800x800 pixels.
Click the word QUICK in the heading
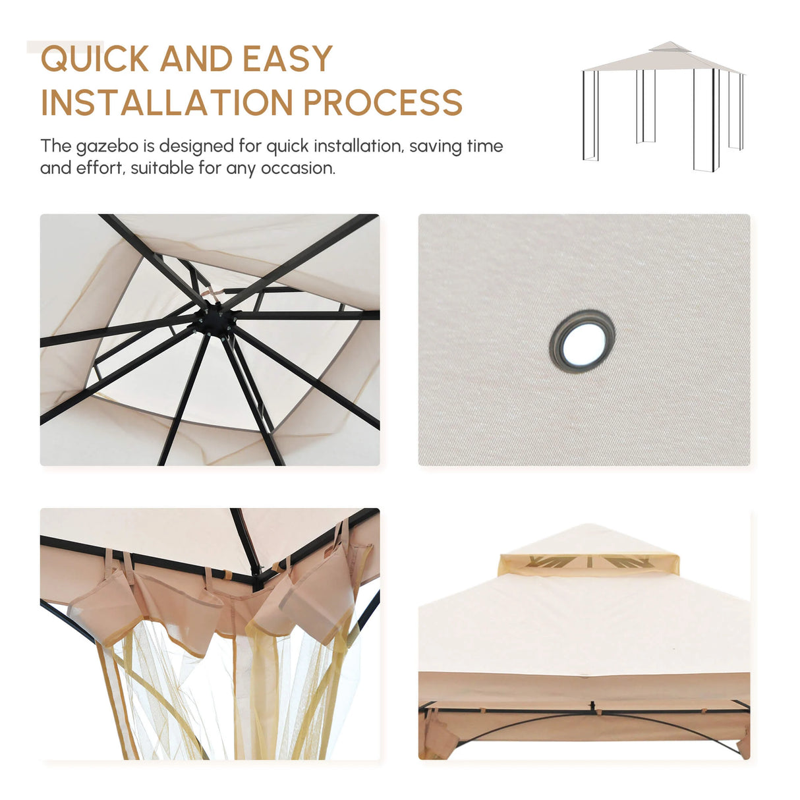click(x=95, y=59)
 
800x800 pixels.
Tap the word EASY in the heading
click(x=287, y=58)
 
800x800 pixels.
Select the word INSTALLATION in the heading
click(x=167, y=102)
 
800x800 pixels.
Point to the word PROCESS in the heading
click(x=383, y=102)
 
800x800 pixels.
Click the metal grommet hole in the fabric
click(x=582, y=341)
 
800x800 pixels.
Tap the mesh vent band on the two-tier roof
click(x=588, y=564)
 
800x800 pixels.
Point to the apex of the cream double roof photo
click(x=588, y=525)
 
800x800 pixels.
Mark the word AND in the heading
click(x=196, y=59)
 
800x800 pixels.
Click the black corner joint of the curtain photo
click(x=258, y=578)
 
